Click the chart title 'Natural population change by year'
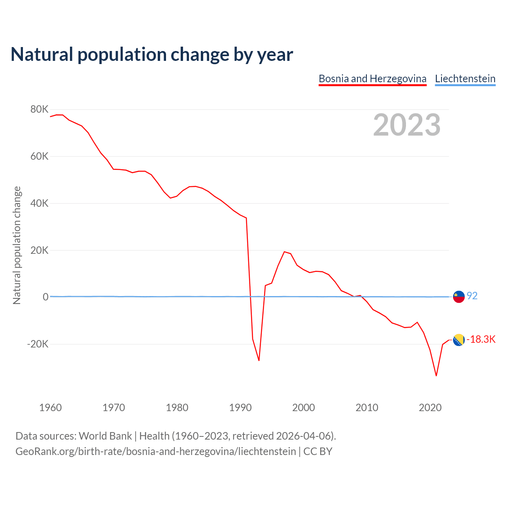[x=152, y=55]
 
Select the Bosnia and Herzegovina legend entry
[x=372, y=79]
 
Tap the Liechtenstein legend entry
[x=465, y=79]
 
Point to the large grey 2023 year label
[x=406, y=125]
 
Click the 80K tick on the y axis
[x=39, y=110]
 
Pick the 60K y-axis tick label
[x=39, y=157]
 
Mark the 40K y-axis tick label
[x=39, y=204]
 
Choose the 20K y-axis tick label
[x=39, y=250]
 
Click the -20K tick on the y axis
[x=38, y=344]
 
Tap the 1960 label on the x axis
[x=51, y=408]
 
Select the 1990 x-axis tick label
[x=240, y=408]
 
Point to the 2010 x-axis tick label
[x=367, y=408]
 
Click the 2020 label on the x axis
[x=430, y=408]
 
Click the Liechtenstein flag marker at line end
[x=459, y=296]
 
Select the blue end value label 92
[x=472, y=296]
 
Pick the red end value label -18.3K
[x=481, y=340]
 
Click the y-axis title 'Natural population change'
[x=17, y=245]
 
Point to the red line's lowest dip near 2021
[x=436, y=375]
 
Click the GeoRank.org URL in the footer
[x=155, y=451]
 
